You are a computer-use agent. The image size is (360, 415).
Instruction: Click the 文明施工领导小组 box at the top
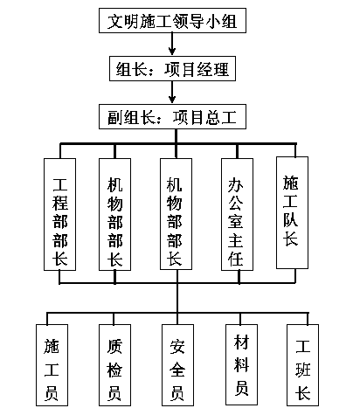pos(172,20)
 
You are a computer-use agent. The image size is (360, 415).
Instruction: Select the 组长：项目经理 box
pos(172,68)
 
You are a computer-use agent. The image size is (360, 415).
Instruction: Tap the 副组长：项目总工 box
pos(172,116)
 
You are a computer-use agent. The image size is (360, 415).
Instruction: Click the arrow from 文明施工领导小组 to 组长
pos(172,44)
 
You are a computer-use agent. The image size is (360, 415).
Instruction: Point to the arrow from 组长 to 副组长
pos(172,92)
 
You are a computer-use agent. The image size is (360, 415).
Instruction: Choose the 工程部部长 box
pos(59,214)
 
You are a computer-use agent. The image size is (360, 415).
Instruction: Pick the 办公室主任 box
pos(237,214)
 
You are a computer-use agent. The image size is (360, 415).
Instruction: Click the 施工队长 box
pos(292,212)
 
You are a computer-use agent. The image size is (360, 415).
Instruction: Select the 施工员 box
pos(52,365)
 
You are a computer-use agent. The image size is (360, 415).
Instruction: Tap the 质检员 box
pos(114,365)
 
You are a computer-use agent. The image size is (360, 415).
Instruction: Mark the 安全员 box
pos(177,365)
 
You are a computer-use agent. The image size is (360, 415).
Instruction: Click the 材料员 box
pos(241,364)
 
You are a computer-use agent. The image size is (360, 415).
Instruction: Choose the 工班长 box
pos(302,365)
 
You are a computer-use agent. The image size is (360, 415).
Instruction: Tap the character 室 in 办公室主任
pos(235,221)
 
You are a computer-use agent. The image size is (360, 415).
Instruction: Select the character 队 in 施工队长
pos(290,219)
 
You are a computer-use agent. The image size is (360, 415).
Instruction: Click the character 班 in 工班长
pos(303,370)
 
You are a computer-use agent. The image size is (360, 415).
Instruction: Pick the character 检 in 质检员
pos(114,370)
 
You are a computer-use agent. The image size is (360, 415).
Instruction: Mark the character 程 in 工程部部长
pos(60,203)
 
